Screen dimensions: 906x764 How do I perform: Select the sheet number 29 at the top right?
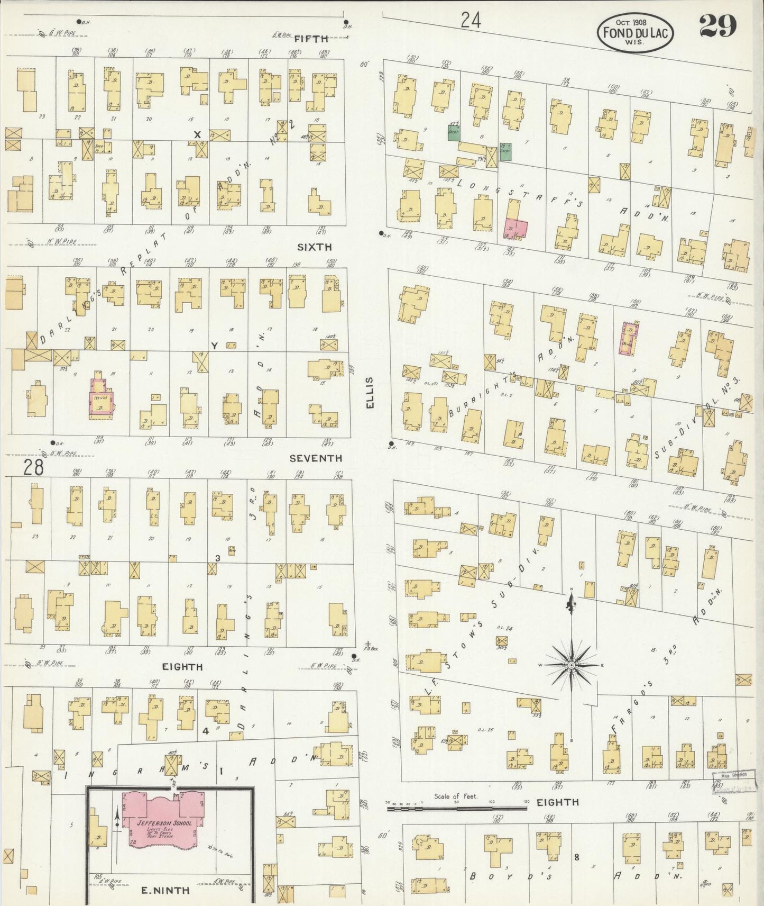click(x=717, y=25)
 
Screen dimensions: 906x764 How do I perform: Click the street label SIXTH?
click(x=314, y=247)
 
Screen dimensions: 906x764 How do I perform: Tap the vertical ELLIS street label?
click(x=370, y=392)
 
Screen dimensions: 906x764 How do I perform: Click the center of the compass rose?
click(x=572, y=664)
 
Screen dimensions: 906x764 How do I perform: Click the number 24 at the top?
click(x=470, y=20)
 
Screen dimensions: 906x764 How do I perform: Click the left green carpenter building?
click(x=453, y=134)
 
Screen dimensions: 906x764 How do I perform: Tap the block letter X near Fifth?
click(x=198, y=135)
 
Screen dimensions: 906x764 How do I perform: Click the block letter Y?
click(x=214, y=346)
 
